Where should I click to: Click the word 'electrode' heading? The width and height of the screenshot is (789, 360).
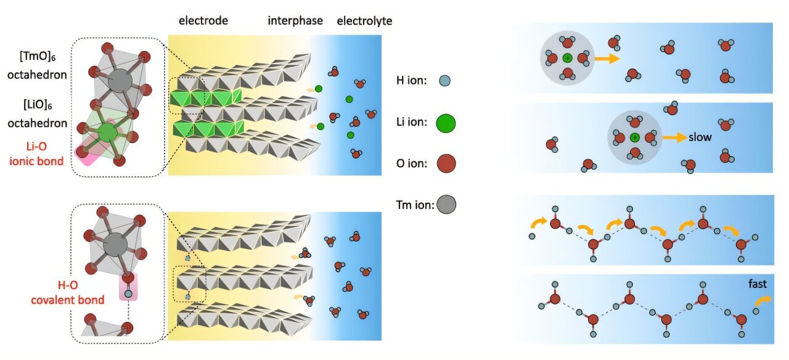pos(203,21)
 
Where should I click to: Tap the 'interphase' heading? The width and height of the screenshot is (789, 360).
pos(295,21)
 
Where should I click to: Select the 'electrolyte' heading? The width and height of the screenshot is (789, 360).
pos(364,21)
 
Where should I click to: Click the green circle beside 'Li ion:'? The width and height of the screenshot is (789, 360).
pos(446,122)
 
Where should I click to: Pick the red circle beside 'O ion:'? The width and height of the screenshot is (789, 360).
pos(446,163)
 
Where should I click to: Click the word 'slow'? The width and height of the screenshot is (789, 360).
pos(700,137)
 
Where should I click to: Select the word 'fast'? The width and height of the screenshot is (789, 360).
pos(757,284)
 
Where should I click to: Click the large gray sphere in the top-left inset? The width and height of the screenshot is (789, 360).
pos(118,81)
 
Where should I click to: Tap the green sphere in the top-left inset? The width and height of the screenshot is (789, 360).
pos(108,132)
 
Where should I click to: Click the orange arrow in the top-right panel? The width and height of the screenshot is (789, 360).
pos(607,59)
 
